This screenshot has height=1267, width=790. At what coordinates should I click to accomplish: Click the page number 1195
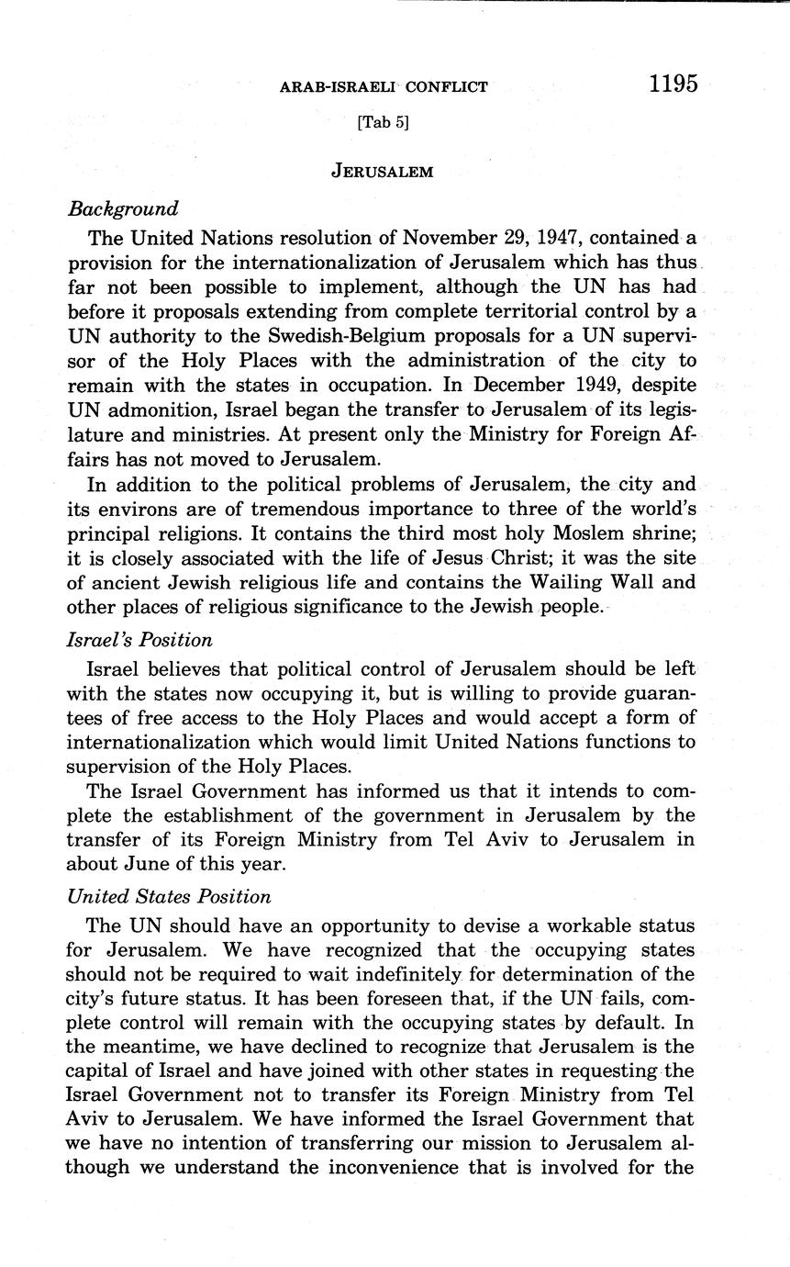click(x=673, y=84)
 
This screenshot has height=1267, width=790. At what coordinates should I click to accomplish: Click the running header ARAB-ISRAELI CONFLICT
click(x=384, y=87)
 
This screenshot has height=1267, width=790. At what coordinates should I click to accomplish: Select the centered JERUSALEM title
click(x=382, y=172)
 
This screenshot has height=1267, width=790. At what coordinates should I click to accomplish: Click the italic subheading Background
click(x=123, y=209)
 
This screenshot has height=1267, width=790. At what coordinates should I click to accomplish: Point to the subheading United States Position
click(x=169, y=897)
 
